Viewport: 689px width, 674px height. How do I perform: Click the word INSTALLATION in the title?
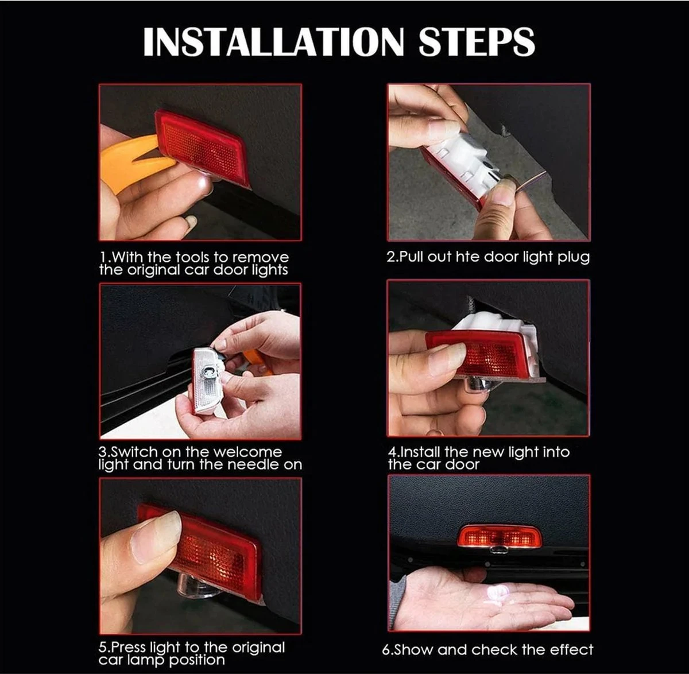273,41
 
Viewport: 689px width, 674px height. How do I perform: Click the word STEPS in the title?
477,41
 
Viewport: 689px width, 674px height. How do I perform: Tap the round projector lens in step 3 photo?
207,371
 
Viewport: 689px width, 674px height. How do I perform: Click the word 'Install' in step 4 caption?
419,452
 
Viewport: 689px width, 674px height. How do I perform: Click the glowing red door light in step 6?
500,536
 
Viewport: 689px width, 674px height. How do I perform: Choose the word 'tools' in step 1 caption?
193,257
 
